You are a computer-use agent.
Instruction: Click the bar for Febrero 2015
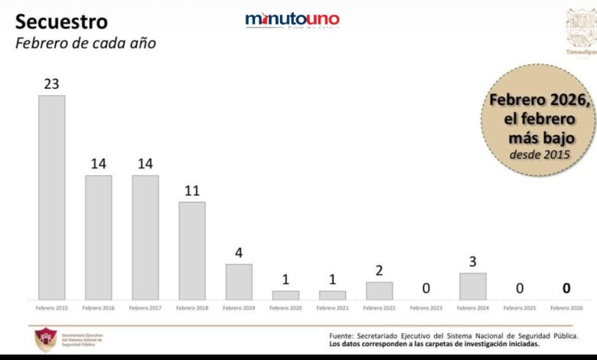pyautogui.click(x=52, y=197)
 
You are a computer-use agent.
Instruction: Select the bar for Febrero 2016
pyautogui.click(x=99, y=237)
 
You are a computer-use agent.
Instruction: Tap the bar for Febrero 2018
pyautogui.click(x=192, y=250)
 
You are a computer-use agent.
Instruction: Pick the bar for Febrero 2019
pyautogui.click(x=239, y=281)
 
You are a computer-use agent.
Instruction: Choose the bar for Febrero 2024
pyautogui.click(x=473, y=286)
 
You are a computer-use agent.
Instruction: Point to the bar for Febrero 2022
pyautogui.click(x=379, y=290)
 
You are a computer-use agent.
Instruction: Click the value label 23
pyautogui.click(x=52, y=83)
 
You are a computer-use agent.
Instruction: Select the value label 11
pyautogui.click(x=192, y=190)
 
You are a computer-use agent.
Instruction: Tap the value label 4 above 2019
pyautogui.click(x=239, y=253)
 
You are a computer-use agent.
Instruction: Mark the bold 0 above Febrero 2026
pyautogui.click(x=566, y=288)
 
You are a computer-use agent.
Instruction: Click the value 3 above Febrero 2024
pyautogui.click(x=473, y=262)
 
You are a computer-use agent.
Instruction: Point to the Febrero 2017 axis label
pyautogui.click(x=145, y=308)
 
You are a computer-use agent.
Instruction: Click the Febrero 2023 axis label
pyautogui.click(x=426, y=308)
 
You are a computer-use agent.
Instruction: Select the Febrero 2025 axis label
pyautogui.click(x=520, y=308)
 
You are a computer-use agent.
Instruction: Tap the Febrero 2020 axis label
pyautogui.click(x=285, y=308)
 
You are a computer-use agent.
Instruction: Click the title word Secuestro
pyautogui.click(x=62, y=21)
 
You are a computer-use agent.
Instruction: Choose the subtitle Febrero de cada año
pyautogui.click(x=86, y=43)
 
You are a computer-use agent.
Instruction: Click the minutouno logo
pyautogui.click(x=292, y=20)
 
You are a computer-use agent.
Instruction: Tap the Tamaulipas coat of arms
pyautogui.click(x=580, y=28)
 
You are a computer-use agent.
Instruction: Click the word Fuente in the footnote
pyautogui.click(x=341, y=335)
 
